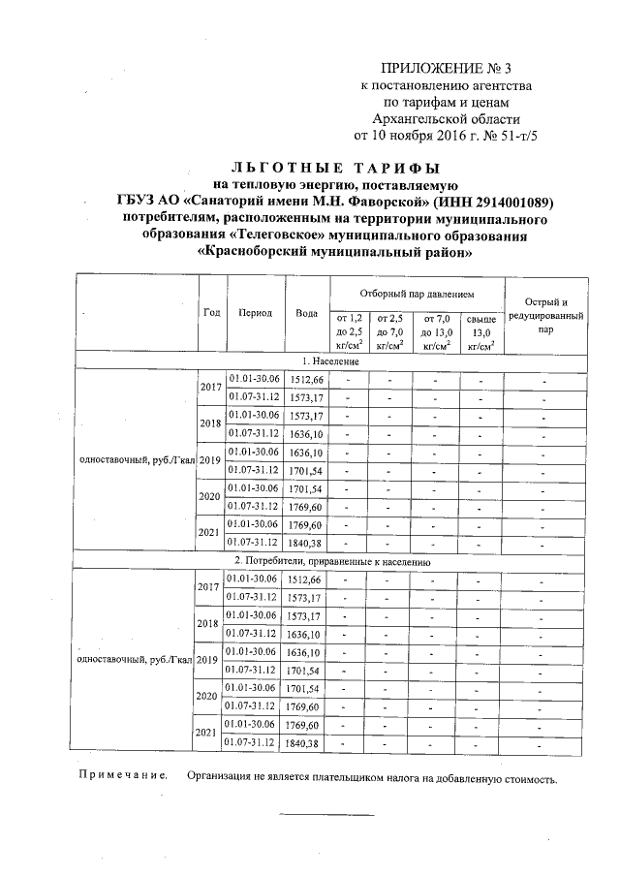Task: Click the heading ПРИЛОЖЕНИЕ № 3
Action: [x=445, y=69]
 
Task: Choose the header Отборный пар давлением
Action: [x=417, y=293]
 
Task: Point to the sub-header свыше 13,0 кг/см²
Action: [x=481, y=330]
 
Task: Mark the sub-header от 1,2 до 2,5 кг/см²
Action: [x=349, y=330]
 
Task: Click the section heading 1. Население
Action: [x=337, y=360]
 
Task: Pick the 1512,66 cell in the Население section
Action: [x=305, y=378]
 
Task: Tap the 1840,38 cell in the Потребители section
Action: [x=305, y=743]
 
